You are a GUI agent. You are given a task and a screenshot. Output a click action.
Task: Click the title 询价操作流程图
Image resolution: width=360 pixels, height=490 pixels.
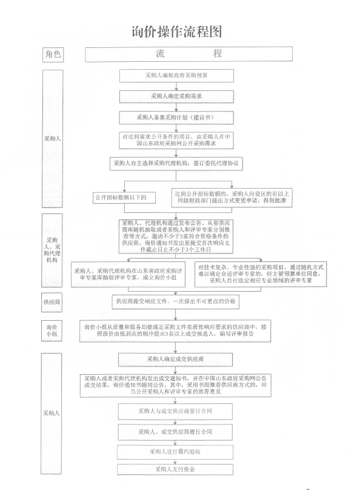(177, 32)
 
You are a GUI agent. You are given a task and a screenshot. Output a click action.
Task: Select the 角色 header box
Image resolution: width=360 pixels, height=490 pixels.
(53, 55)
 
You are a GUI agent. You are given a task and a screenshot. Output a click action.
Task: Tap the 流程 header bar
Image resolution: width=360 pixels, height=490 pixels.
(188, 54)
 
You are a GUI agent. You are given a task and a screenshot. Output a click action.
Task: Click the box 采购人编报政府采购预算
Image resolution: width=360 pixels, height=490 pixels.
(176, 76)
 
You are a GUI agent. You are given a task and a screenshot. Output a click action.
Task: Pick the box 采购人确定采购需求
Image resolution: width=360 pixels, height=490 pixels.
(176, 96)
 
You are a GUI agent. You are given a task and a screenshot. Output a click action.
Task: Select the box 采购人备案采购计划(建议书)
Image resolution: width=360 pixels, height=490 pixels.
(176, 118)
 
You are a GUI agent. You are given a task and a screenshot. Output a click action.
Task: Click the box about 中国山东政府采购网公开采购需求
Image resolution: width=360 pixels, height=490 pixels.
(176, 140)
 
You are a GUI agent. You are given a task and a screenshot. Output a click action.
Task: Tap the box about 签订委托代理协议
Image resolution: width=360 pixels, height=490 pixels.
(176, 164)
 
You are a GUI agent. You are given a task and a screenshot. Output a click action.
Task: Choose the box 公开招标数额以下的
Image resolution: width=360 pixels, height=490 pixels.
(124, 198)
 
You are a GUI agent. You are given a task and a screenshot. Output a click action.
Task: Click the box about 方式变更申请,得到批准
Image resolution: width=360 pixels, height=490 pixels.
(232, 198)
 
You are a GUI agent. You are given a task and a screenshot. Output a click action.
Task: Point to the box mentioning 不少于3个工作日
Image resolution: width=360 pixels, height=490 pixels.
(176, 237)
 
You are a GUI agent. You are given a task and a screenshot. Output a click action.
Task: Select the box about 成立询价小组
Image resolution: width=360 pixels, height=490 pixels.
(128, 274)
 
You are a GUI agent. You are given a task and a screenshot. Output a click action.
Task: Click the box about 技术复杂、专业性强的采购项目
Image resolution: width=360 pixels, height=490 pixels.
(261, 274)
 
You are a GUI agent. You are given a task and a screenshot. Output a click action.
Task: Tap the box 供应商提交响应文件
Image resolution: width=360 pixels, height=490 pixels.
(176, 301)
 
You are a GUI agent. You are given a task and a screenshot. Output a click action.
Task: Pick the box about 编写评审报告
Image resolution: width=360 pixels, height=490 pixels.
(175, 331)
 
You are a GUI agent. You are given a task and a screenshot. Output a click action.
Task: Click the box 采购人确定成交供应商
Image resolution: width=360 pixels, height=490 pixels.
(176, 360)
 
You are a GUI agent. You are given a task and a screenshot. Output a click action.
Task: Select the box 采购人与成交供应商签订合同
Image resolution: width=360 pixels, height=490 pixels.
(175, 411)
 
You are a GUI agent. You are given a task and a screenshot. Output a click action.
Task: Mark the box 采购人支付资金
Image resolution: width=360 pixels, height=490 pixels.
(175, 469)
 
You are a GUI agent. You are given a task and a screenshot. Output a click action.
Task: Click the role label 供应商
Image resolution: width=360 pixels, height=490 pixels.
(52, 302)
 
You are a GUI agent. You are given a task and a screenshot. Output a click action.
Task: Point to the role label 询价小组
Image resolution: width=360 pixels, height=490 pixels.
(52, 331)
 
